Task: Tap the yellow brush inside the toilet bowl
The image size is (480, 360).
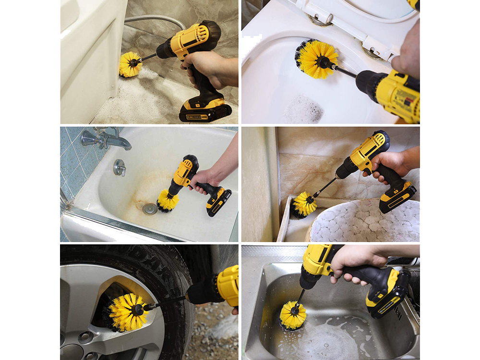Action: point(315,59)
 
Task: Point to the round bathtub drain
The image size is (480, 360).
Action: point(149,208)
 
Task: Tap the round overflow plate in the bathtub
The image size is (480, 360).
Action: point(119,167)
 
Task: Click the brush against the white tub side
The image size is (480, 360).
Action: point(130,64)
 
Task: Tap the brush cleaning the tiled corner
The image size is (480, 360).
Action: point(304,204)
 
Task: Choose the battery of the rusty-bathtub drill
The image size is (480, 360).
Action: point(219,201)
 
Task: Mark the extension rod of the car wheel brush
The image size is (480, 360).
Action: point(166,302)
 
